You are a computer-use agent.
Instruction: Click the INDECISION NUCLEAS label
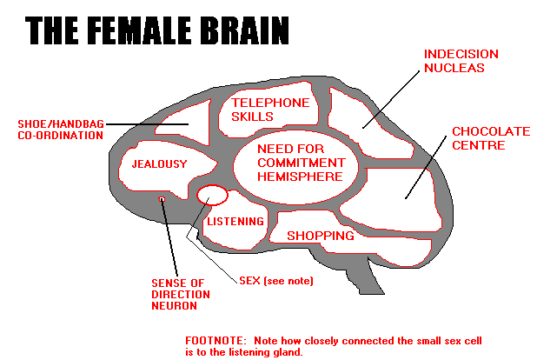(454, 60)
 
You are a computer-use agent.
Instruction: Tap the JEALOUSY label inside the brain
(159, 163)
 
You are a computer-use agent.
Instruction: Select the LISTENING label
(235, 222)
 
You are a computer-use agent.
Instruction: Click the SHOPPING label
(321, 236)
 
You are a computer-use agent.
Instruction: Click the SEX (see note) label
(275, 281)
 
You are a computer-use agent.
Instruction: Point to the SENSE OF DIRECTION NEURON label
(177, 294)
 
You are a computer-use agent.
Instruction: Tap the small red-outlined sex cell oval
(212, 194)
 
